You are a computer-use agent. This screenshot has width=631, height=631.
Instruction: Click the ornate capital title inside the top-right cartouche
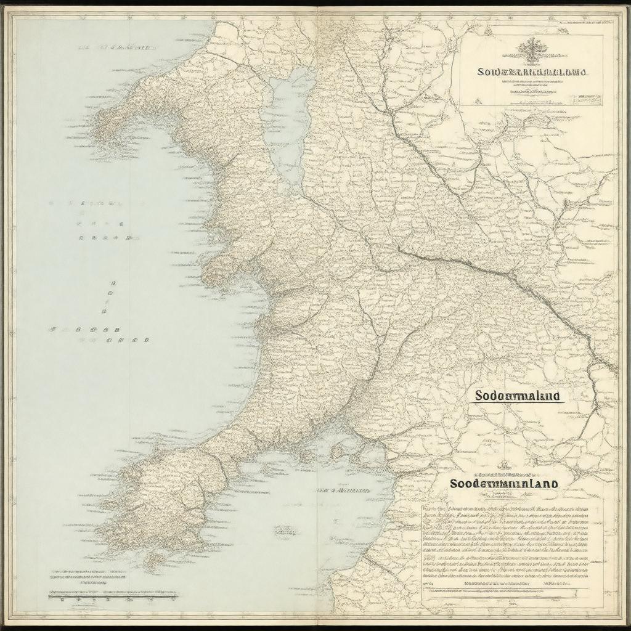pos(532,72)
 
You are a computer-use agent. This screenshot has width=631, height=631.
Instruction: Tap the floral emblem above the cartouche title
pos(531,49)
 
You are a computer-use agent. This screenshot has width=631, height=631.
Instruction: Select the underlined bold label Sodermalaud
pos(518,395)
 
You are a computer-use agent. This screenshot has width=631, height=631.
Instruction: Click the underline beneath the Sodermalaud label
pos(518,403)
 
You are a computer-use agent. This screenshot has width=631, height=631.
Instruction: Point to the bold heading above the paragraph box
pos(504,484)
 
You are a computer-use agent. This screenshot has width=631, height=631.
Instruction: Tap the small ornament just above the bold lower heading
pos(505,467)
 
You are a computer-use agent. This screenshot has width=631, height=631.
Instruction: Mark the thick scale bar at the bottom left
pos(112,596)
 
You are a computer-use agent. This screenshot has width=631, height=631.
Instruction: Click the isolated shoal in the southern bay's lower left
pos(284,530)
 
